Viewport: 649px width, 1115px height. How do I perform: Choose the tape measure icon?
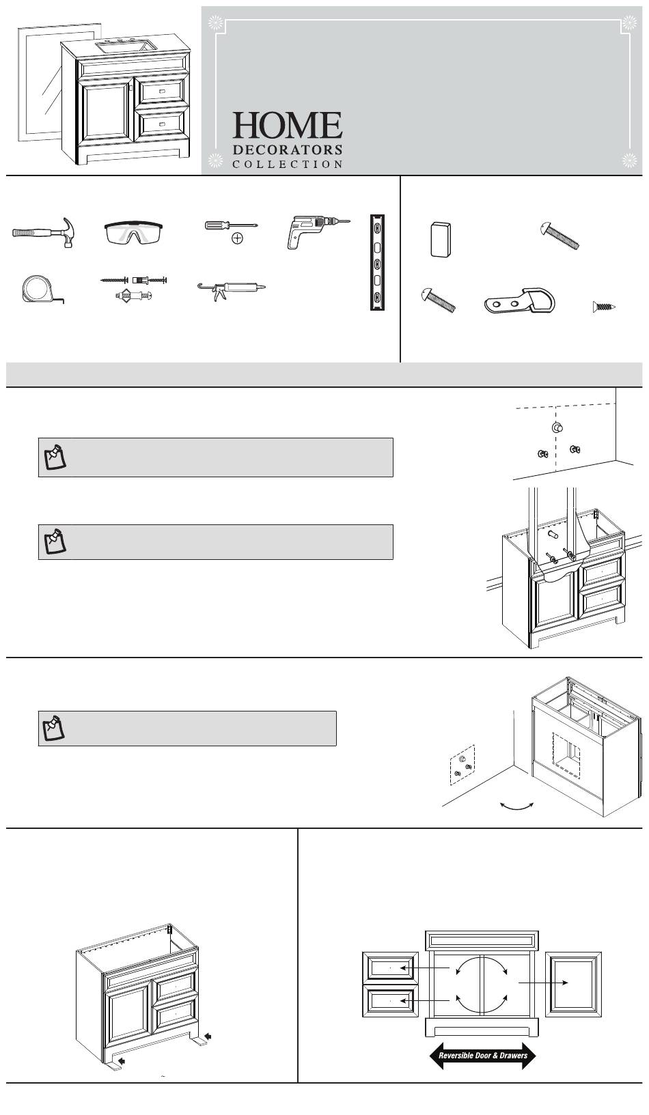click(40, 290)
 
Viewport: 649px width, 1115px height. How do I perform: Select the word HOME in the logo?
click(287, 126)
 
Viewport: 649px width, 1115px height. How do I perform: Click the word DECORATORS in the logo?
click(288, 149)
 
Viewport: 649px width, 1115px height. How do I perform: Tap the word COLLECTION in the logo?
click(288, 165)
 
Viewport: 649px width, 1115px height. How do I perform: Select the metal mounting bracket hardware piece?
click(520, 300)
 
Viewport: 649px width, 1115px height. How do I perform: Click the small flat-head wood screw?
click(605, 307)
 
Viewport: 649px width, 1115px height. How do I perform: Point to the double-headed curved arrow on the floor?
click(516, 806)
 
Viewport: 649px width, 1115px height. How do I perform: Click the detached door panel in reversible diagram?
click(573, 982)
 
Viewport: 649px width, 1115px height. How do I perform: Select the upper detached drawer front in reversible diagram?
click(390, 968)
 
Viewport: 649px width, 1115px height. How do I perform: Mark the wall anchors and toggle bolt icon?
click(135, 289)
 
